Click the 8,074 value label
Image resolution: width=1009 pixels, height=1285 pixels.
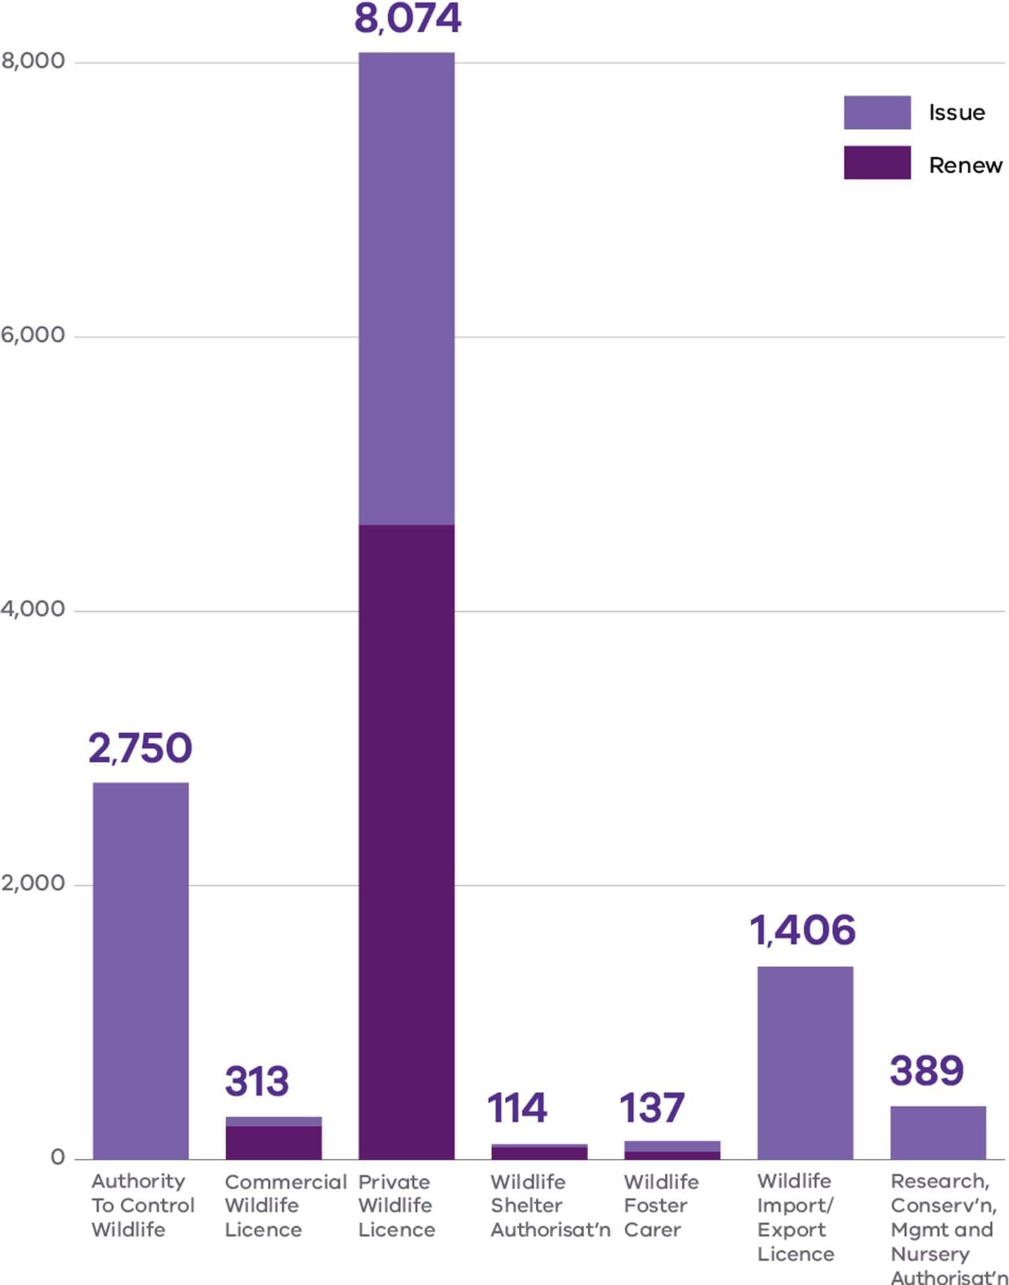(407, 18)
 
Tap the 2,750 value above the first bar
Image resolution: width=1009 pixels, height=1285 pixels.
(140, 748)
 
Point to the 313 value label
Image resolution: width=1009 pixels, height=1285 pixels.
(256, 1081)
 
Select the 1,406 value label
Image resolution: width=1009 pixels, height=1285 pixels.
(803, 930)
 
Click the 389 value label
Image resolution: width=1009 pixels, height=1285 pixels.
(926, 1070)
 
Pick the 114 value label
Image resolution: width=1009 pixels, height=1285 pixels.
(517, 1107)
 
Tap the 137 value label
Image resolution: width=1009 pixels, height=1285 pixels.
(652, 1107)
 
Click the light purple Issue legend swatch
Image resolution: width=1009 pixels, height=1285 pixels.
(877, 112)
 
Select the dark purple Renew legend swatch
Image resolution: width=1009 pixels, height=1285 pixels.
(877, 162)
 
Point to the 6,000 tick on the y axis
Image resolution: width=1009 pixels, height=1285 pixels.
(33, 335)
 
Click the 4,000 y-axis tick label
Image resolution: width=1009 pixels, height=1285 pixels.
(33, 609)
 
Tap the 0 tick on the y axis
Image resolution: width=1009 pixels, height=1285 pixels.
(58, 1157)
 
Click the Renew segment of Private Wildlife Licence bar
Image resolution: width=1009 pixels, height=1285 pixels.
(406, 840)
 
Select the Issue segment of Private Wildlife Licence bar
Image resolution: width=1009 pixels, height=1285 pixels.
(406, 289)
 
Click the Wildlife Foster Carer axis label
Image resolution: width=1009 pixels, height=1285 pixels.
(660, 1206)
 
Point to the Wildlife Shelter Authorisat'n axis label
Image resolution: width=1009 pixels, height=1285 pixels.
(549, 1206)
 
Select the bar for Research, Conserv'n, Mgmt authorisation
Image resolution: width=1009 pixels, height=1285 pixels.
(937, 1133)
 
